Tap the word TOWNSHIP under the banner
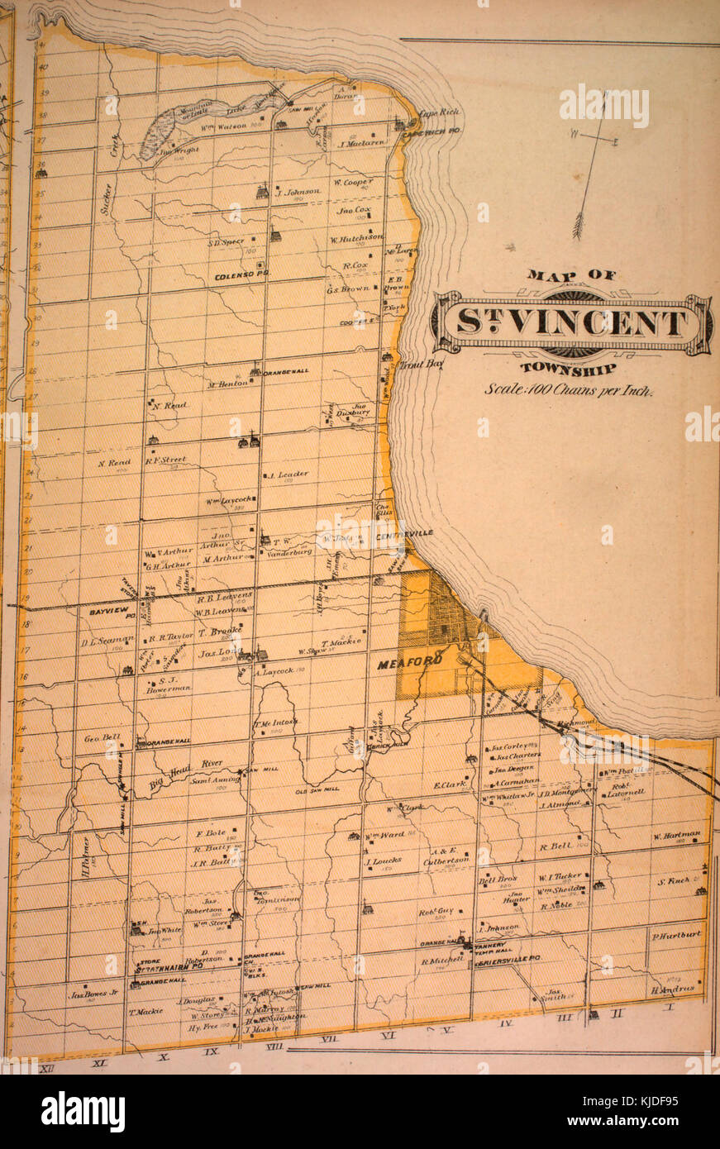[x=570, y=369]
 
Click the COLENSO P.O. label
[x=238, y=278]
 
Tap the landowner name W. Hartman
[x=677, y=835]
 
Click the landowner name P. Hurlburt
[x=675, y=934]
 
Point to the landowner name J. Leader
[x=288, y=474]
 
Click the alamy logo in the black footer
[x=83, y=1112]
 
